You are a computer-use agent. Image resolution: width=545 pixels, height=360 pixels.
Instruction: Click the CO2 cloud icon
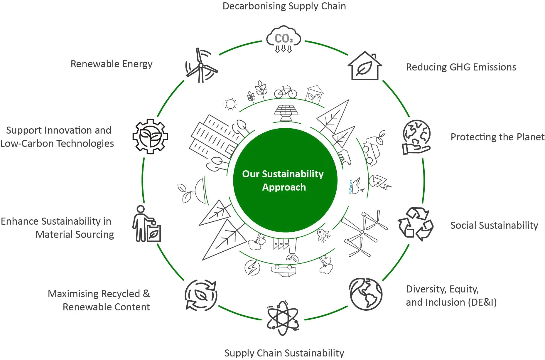point(284,39)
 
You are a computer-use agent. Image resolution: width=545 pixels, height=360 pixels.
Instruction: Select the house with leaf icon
point(365,66)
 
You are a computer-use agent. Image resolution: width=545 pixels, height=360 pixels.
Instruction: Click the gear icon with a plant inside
point(150,137)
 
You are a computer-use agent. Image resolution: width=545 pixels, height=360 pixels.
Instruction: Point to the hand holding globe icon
point(416,137)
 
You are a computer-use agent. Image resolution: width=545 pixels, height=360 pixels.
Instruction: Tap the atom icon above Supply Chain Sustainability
point(283,318)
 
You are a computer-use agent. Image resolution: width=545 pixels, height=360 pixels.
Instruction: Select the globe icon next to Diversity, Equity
point(366,294)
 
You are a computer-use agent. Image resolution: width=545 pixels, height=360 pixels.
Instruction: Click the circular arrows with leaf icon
point(201,295)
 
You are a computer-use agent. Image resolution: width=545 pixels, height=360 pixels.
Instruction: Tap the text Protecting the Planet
point(497,137)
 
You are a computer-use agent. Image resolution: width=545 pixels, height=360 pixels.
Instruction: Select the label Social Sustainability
point(494,226)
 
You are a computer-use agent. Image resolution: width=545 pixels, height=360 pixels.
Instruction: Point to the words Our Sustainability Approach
point(283,180)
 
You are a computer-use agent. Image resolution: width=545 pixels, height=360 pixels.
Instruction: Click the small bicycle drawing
point(286,92)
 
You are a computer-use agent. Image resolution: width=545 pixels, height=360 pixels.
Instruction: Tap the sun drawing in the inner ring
point(230,104)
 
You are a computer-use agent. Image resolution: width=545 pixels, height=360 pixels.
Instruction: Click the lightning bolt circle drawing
point(252,268)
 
